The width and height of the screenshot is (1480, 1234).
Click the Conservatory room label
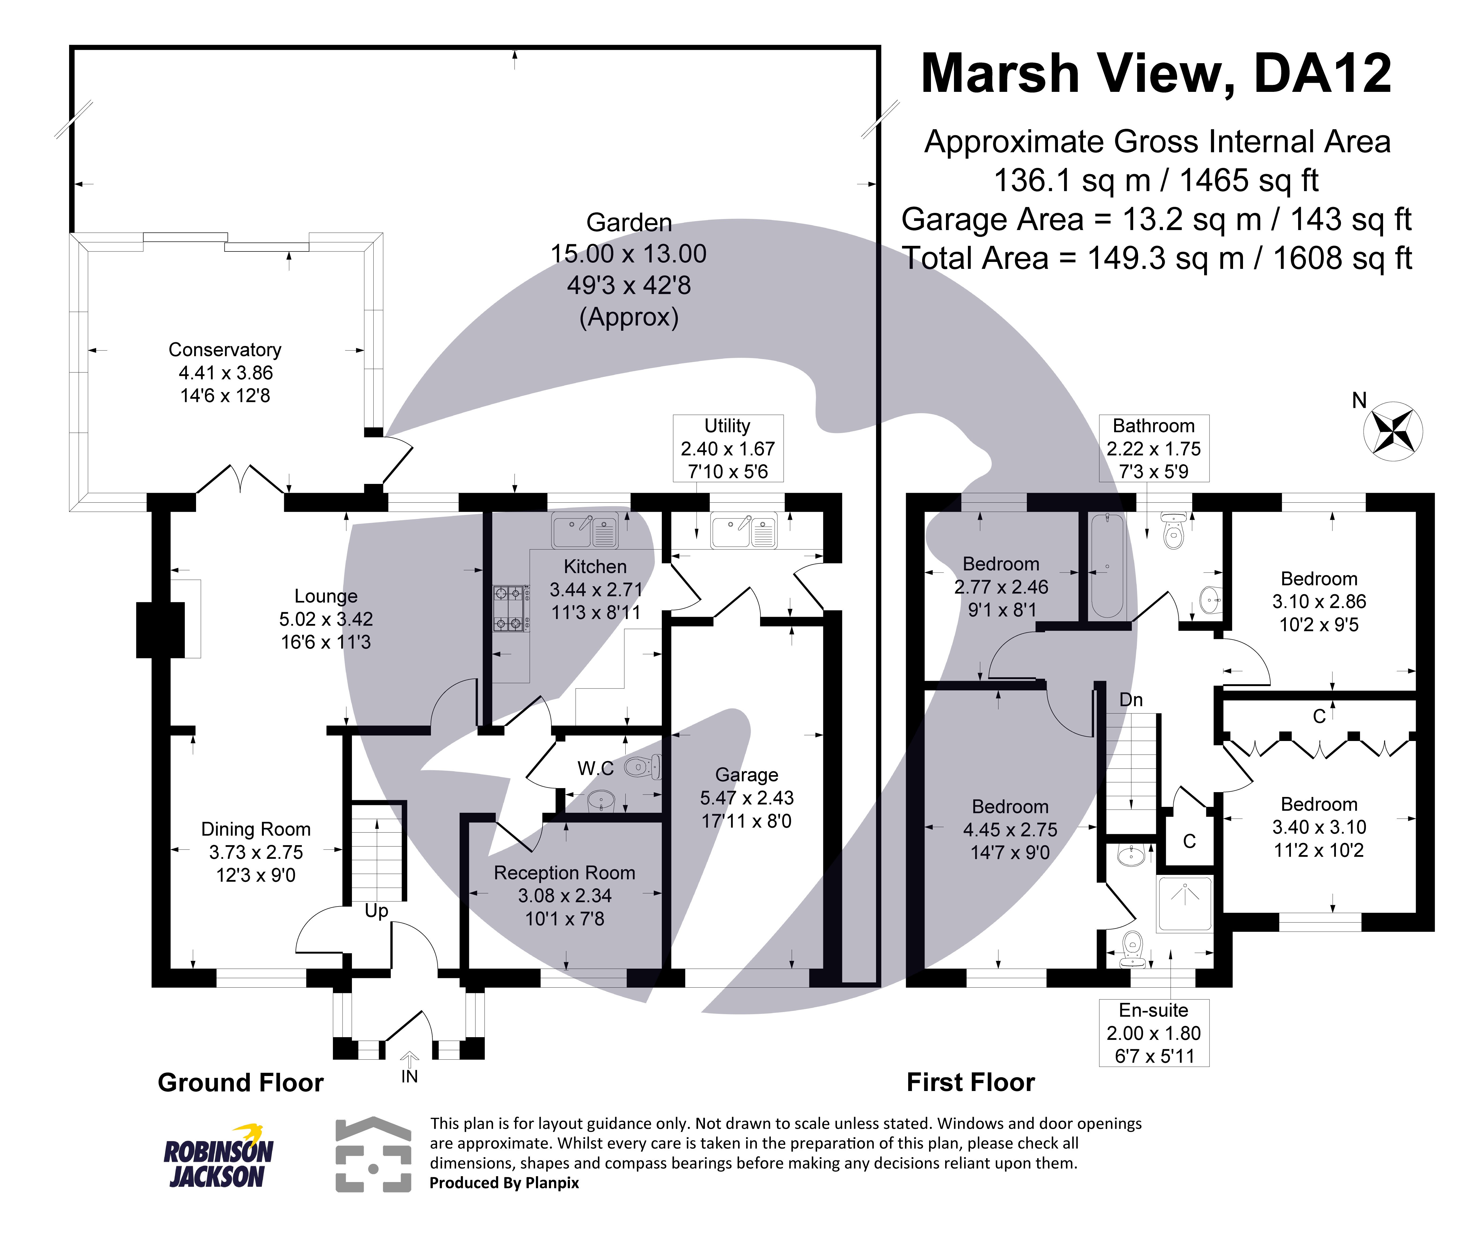pos(225,350)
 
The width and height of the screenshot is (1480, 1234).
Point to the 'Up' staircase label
pos(376,911)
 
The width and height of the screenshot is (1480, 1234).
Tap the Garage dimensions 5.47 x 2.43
pos(746,798)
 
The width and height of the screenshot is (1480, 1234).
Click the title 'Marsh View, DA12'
pos(1156,74)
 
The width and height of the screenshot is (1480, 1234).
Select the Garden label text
pos(629,223)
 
